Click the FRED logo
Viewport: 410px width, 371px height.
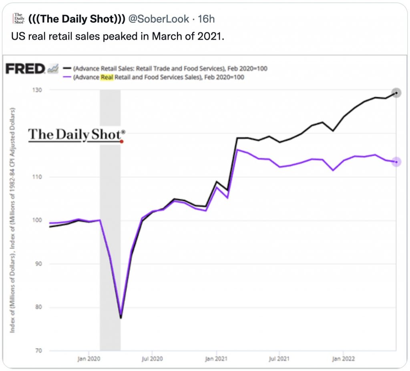[25, 69]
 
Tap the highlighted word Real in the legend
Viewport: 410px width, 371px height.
[107, 77]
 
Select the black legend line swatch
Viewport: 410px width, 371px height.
[66, 68]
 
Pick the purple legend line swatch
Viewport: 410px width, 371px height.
[66, 77]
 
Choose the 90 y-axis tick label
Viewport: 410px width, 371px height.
[38, 264]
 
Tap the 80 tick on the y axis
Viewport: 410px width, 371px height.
[38, 308]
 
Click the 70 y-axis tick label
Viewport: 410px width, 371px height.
[38, 351]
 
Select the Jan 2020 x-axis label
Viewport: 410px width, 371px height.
[88, 359]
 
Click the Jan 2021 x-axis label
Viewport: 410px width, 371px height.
[216, 359]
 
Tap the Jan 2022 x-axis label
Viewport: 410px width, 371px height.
[343, 359]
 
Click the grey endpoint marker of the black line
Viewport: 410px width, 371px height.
[396, 93]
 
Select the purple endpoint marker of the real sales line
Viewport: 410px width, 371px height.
[396, 162]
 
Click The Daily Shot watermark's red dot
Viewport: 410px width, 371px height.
[121, 141]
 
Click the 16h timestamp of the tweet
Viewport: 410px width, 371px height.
[207, 19]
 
